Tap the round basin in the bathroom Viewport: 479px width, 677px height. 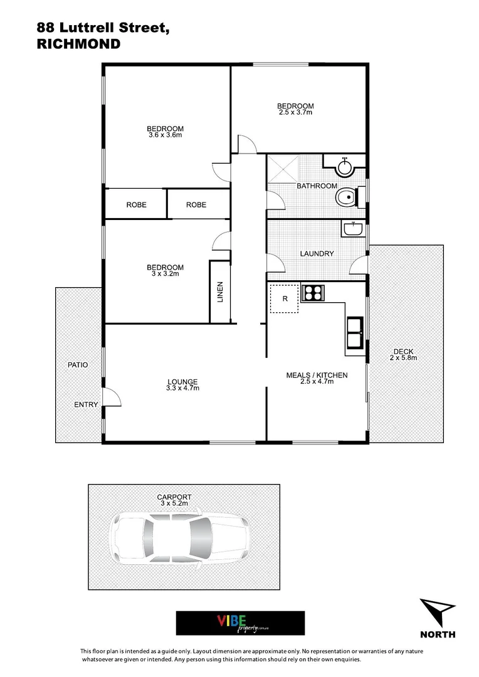click(344, 167)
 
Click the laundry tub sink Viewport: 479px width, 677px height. click(353, 229)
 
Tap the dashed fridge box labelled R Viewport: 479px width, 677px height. click(285, 298)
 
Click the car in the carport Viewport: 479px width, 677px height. click(181, 537)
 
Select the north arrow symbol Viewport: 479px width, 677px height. click(436, 612)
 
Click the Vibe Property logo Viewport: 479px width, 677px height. click(240, 622)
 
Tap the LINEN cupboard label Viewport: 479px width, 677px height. click(220, 292)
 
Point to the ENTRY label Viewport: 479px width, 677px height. click(86, 404)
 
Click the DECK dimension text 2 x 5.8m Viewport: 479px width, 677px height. click(403, 358)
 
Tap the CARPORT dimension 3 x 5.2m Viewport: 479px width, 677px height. click(174, 503)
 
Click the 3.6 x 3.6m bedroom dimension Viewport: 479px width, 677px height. click(166, 135)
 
